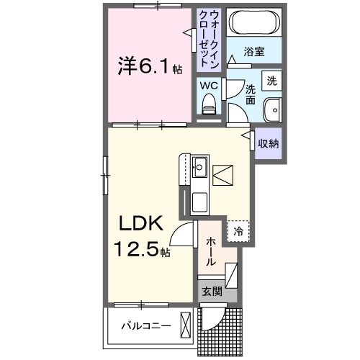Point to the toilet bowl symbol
click(209, 104)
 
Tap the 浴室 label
click(253, 52)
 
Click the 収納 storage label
click(269, 143)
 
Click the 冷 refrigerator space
click(238, 232)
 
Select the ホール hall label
click(210, 253)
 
